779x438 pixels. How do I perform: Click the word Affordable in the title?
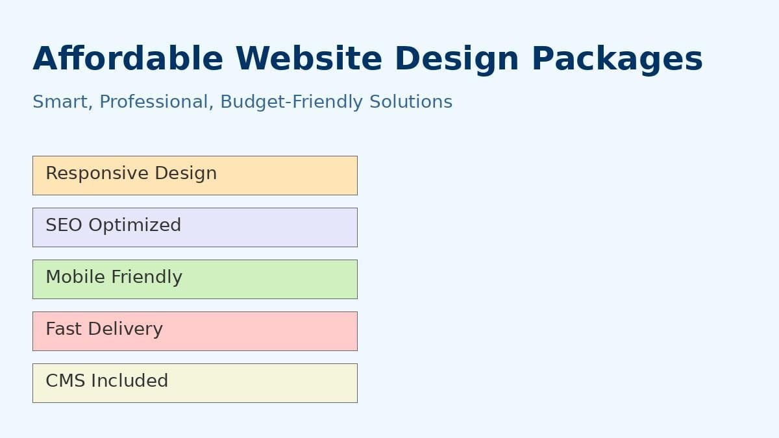(x=128, y=58)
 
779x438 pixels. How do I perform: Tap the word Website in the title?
(x=309, y=58)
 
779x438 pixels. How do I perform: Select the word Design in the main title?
(x=457, y=60)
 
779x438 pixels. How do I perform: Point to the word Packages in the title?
(x=617, y=60)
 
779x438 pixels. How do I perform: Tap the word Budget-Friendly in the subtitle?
(x=291, y=103)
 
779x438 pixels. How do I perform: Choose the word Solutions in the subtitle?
(x=411, y=102)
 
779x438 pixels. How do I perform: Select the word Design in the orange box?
(x=186, y=174)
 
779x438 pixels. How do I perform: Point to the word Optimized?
(x=135, y=226)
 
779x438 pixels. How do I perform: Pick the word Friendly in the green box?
(x=147, y=278)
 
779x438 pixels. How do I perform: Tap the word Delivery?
(x=125, y=330)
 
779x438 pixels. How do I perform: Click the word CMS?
(x=66, y=381)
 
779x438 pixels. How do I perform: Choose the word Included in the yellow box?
(x=130, y=380)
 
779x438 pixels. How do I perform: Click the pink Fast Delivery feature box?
(x=195, y=332)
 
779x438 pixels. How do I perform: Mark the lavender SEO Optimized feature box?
(x=195, y=227)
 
